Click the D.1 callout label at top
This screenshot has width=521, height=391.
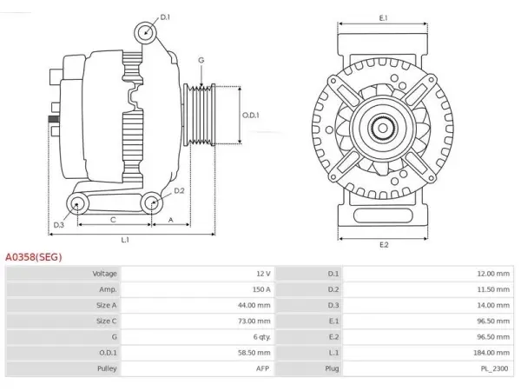point(165,17)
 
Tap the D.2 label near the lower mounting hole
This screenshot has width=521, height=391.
point(179,191)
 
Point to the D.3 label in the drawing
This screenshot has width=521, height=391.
point(58,225)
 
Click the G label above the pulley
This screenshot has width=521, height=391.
point(201,60)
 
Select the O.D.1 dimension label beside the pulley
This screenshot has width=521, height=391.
point(251,116)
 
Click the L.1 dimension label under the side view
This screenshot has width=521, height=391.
point(125,240)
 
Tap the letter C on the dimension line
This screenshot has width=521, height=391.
point(113,220)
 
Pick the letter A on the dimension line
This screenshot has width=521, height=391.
point(171,220)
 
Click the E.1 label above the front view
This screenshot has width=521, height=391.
point(384,18)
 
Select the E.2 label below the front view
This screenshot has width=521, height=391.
point(384,245)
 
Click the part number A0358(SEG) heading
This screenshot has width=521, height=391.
point(34,257)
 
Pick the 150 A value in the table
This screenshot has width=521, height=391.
point(261,289)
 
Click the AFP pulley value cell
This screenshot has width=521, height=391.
point(262,368)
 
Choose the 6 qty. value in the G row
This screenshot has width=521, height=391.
point(262,337)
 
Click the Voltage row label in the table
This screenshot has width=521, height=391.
point(105,274)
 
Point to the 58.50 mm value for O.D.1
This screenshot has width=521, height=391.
point(254,353)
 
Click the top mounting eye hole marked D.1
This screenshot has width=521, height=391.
point(146,33)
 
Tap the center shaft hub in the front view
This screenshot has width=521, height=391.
point(383,129)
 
